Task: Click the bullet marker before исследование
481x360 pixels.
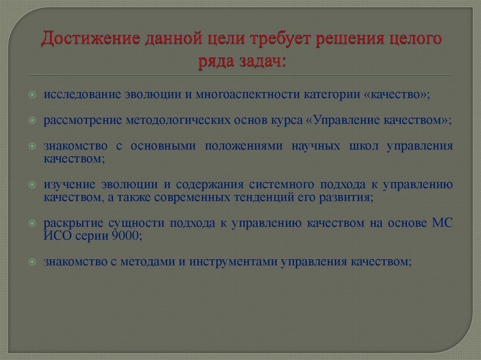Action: click(x=31, y=94)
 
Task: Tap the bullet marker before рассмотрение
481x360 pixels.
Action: click(x=31, y=120)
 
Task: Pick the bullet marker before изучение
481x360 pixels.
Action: click(x=31, y=184)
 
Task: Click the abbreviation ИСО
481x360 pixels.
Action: click(x=57, y=236)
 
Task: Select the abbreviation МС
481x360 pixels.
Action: click(x=442, y=222)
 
